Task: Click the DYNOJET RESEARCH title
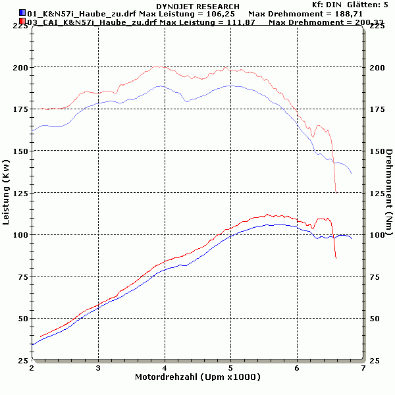point(197,6)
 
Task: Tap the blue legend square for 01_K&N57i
point(22,13)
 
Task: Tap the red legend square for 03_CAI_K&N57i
point(22,22)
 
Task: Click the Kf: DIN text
point(327,5)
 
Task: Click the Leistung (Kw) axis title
point(7,191)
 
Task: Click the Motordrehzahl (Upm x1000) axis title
point(197,377)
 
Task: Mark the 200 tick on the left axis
point(20,67)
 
